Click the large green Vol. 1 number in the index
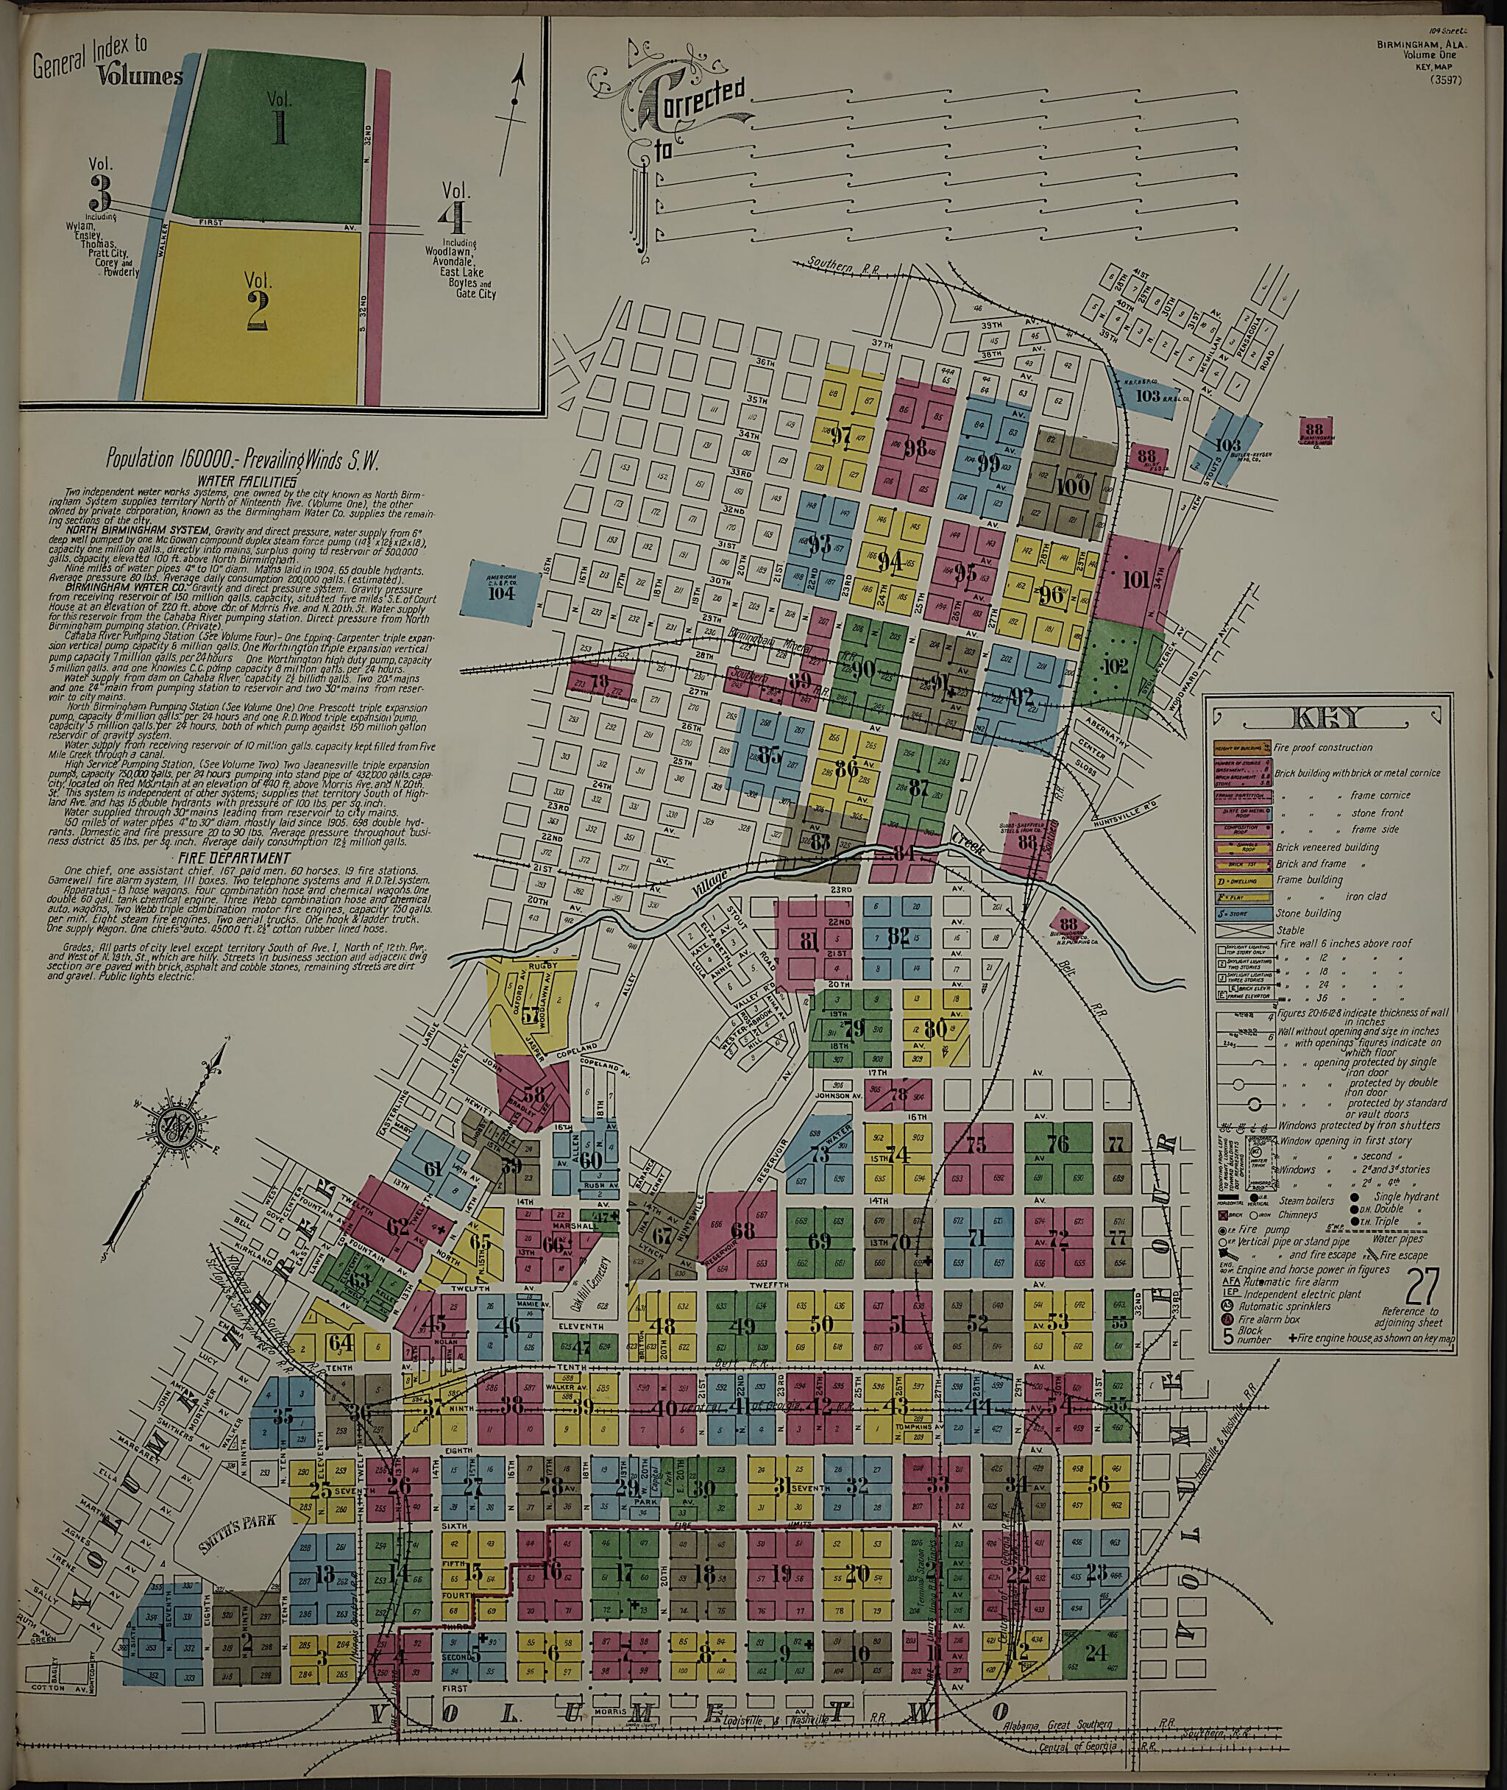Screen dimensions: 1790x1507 (278, 126)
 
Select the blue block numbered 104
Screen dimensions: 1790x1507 (503, 592)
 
